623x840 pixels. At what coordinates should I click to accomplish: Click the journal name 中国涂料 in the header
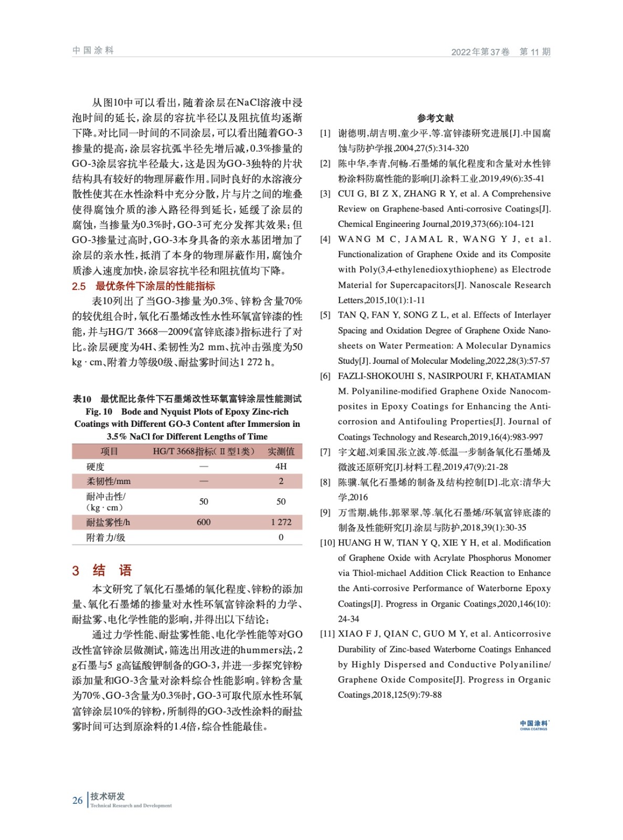pyautogui.click(x=93, y=50)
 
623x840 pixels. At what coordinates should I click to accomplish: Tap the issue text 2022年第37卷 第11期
pyautogui.click(x=500, y=51)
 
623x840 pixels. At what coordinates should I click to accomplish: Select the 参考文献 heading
pyautogui.click(x=435, y=118)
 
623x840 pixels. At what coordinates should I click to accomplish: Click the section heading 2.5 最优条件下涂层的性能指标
pyautogui.click(x=143, y=286)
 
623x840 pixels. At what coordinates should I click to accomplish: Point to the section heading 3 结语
pyautogui.click(x=102, y=570)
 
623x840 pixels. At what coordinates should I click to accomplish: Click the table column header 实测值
pyautogui.click(x=281, y=451)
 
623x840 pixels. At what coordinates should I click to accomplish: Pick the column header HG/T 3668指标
pyautogui.click(x=204, y=451)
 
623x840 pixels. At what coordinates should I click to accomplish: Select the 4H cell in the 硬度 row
pyautogui.click(x=281, y=466)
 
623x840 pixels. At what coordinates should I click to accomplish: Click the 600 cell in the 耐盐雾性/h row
pyautogui.click(x=204, y=522)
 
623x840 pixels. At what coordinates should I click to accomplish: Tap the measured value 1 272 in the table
pyautogui.click(x=281, y=522)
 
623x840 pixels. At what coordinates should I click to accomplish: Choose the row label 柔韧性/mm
pyautogui.click(x=108, y=481)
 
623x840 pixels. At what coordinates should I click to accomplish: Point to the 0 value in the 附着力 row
pyautogui.click(x=281, y=537)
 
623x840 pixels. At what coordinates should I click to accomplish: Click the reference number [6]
pyautogui.click(x=325, y=376)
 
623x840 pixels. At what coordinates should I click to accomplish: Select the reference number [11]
pyautogui.click(x=327, y=634)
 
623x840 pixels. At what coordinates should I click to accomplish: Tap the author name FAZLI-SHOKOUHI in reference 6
pyautogui.click(x=373, y=376)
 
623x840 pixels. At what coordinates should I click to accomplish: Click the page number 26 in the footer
pyautogui.click(x=78, y=800)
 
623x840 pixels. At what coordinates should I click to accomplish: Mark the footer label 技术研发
pyautogui.click(x=107, y=796)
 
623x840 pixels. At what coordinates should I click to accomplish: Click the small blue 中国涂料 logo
pyautogui.click(x=534, y=725)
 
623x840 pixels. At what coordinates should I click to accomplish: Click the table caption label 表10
pyautogui.click(x=82, y=399)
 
